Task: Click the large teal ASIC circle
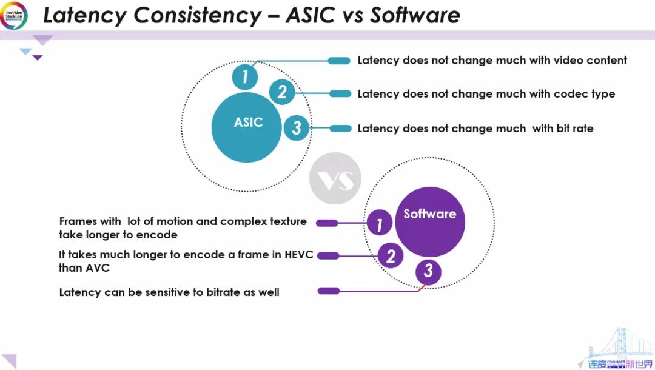[x=246, y=127]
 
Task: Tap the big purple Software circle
[x=429, y=222]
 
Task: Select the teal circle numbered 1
[x=245, y=77]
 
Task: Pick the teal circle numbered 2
[x=282, y=93]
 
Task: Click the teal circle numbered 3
[x=297, y=128]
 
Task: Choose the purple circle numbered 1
[x=380, y=223]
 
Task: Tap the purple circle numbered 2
[x=391, y=256]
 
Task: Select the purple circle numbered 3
[x=428, y=271]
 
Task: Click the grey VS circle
[x=335, y=178]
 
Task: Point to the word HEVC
[x=299, y=255]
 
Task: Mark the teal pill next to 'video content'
[x=339, y=60]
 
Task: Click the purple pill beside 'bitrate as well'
[x=328, y=291]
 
